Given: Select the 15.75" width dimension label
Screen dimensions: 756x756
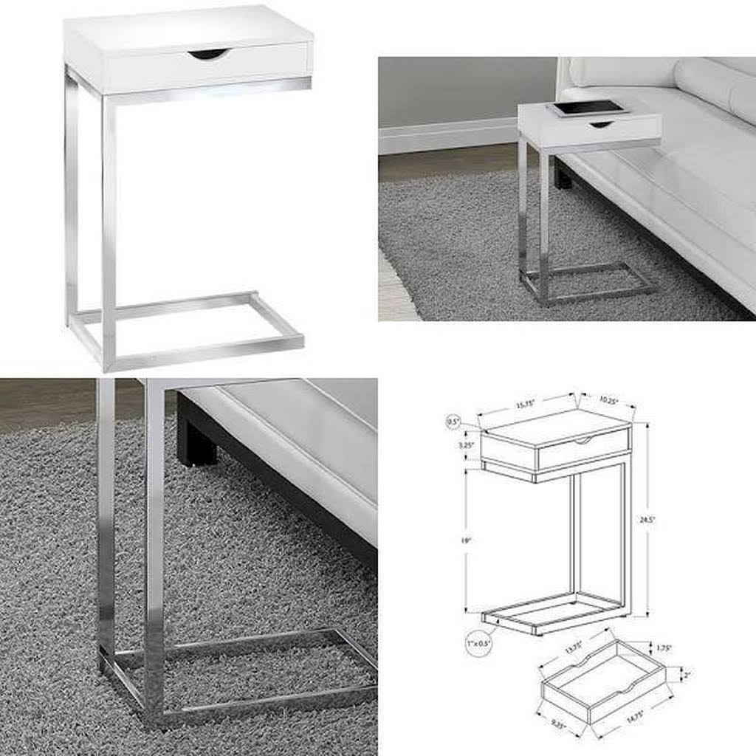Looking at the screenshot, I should tap(525, 404).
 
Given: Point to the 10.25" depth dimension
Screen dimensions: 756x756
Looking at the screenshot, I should tap(608, 399).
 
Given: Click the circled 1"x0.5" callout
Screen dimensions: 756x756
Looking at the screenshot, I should tap(479, 642).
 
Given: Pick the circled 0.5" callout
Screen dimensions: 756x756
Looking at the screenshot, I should tap(453, 422).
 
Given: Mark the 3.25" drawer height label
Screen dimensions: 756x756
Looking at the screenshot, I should tap(467, 445).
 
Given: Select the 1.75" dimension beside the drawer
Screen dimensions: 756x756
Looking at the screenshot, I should tap(664, 648).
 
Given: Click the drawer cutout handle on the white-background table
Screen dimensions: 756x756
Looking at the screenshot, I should tap(208, 55).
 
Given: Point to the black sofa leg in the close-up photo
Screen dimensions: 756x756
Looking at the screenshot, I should tap(196, 442).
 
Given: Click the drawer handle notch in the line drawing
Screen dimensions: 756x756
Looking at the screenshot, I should tap(583, 441).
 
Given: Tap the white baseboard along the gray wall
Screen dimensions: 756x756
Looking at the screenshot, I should tap(443, 137).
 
